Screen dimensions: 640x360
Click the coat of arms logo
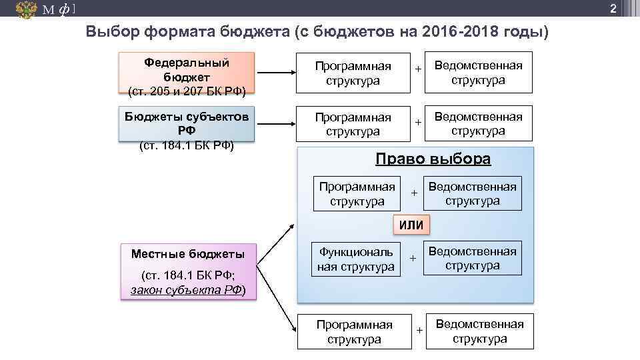coord(26,9)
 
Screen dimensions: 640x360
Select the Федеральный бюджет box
coord(187,74)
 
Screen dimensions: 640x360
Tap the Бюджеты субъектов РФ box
coord(187,124)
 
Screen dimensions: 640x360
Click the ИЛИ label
coord(411,225)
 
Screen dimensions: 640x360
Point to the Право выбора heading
coord(433,159)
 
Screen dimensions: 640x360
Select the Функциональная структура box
coord(357,259)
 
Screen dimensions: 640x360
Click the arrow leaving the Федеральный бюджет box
coord(275,74)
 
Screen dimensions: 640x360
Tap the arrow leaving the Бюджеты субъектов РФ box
coord(275,124)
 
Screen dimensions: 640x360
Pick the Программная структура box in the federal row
coord(353,73)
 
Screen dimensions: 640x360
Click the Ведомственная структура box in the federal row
coord(478,72)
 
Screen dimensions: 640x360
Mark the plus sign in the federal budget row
coord(418,69)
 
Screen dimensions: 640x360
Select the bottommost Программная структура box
coord(354,331)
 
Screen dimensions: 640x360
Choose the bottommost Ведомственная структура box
coord(479,331)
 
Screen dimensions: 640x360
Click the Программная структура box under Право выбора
coord(357,193)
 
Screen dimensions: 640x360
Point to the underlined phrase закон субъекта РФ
coord(186,291)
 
